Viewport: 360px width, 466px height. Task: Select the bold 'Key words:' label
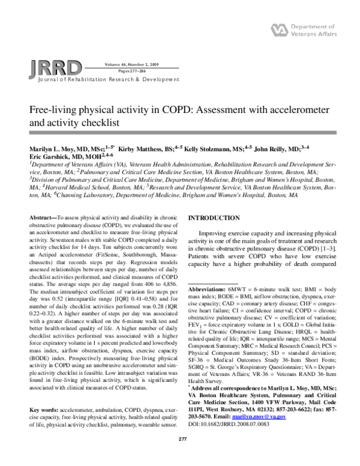click(x=44, y=409)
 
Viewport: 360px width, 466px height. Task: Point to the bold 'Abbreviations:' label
click(x=208, y=289)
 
